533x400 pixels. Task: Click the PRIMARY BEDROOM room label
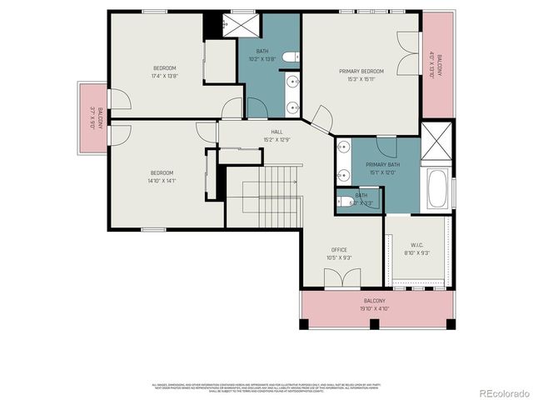pos(360,72)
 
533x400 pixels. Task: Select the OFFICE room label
pos(339,249)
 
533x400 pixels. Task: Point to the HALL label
pos(276,132)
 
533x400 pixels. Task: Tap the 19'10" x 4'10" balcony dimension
pos(375,309)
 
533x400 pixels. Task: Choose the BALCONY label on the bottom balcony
pos(375,301)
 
